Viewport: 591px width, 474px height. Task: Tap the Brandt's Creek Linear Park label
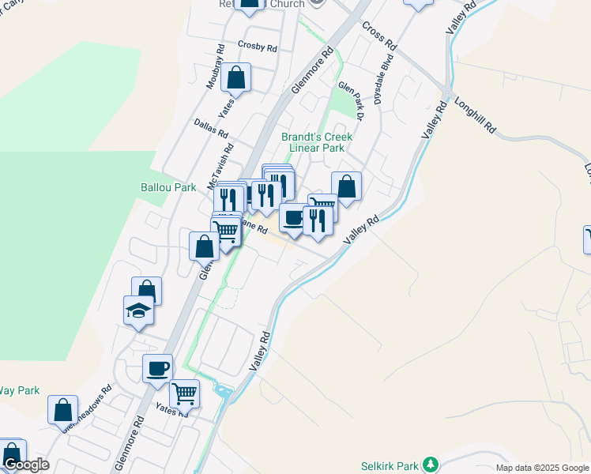pos(316,142)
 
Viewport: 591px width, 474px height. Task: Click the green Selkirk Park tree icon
pos(430,464)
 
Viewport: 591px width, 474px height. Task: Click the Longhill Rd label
pos(476,115)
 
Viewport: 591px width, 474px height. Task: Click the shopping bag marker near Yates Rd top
pos(235,78)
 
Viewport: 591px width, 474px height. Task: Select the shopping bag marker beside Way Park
pos(62,411)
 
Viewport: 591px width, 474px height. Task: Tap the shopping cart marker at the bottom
pos(184,392)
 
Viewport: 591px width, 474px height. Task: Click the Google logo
pos(26,465)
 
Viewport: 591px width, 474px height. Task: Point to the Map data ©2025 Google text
pos(542,468)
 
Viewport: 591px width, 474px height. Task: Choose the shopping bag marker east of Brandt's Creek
pos(346,186)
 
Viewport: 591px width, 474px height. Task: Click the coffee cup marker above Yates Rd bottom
pos(158,367)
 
